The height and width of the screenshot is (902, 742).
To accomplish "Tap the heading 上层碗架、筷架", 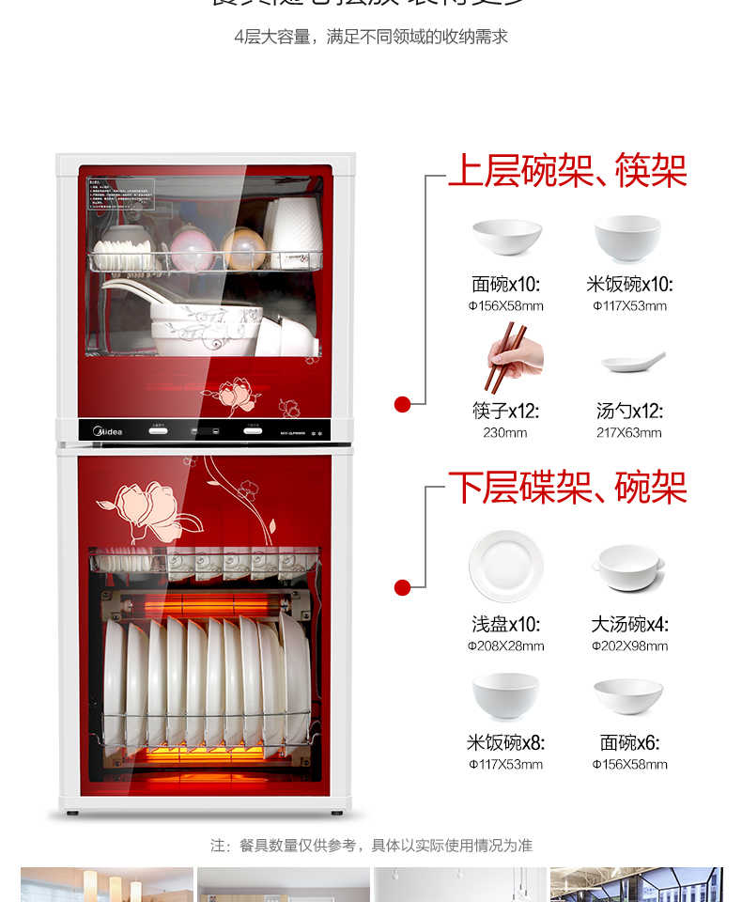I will click(567, 171).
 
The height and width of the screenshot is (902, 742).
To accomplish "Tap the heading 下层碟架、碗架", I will click(567, 488).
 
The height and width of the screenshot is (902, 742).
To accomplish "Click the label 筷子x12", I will click(505, 412).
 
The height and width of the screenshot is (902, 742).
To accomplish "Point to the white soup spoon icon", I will click(633, 362).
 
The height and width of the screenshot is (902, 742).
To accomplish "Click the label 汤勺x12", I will click(629, 412).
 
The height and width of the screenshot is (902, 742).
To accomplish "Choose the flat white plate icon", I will click(505, 567).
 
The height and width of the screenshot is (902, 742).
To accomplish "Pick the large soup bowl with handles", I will click(629, 567).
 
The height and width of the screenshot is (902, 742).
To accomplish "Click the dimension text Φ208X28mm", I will click(505, 646).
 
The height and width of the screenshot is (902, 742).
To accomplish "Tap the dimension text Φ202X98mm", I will click(629, 646).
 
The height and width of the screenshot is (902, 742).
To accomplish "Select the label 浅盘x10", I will click(505, 625).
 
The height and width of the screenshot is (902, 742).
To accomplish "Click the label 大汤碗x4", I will click(629, 625).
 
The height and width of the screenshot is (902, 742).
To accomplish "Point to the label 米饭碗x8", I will click(505, 743).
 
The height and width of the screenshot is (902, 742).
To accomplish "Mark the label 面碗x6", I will click(629, 743).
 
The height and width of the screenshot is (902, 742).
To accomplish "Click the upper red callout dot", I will click(402, 404).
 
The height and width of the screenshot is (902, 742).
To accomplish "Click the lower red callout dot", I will click(402, 588).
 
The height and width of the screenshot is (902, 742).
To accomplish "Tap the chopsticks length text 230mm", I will click(505, 433).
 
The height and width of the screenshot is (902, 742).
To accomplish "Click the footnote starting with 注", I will click(371, 846).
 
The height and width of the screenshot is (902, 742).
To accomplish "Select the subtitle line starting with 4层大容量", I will click(371, 37).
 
